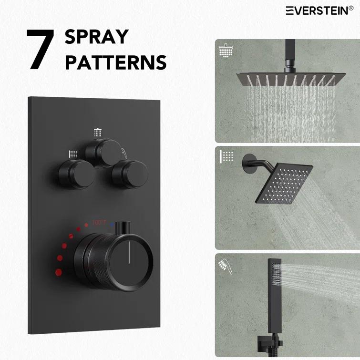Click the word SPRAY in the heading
97,37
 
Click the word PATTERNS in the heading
116,62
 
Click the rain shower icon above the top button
98,132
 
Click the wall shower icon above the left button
73,154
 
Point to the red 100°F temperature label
99,222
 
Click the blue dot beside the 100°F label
112,223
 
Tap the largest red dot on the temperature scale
59,272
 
